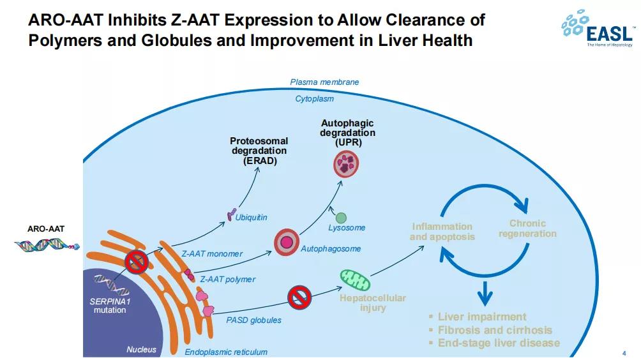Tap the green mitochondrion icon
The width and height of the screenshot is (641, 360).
pos(353,278)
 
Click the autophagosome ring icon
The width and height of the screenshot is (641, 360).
pos(287,242)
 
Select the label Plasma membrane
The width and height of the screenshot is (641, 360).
pos(324,82)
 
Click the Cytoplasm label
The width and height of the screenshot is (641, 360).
pos(314,99)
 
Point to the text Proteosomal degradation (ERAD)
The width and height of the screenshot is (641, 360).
pos(259,151)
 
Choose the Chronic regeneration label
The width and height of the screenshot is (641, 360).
pos(527,229)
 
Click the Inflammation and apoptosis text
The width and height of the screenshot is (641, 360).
pos(442,231)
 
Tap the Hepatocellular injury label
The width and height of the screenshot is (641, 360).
pos(372,303)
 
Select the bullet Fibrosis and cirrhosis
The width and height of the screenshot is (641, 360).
pos(494,330)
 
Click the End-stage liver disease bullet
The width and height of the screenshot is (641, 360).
pos(498,343)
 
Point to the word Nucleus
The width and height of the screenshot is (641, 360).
pos(141,349)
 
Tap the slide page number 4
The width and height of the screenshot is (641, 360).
pos(623,352)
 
